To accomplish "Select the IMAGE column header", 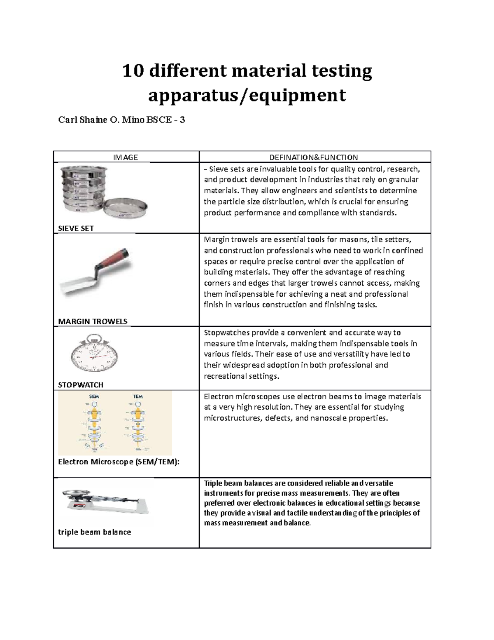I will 126,157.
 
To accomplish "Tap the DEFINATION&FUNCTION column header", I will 313,157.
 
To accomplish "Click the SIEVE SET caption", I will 76,228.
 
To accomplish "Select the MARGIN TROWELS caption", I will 93,321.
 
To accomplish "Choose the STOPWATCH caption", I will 80,385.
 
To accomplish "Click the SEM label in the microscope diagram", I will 94,396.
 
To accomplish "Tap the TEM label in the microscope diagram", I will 138,396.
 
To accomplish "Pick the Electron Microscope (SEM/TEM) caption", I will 119,462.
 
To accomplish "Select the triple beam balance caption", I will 94,532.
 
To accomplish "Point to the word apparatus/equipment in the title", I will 247,96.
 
